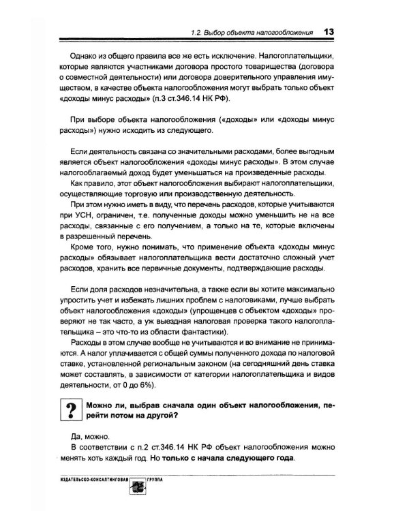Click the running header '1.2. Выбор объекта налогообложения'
[252, 32]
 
